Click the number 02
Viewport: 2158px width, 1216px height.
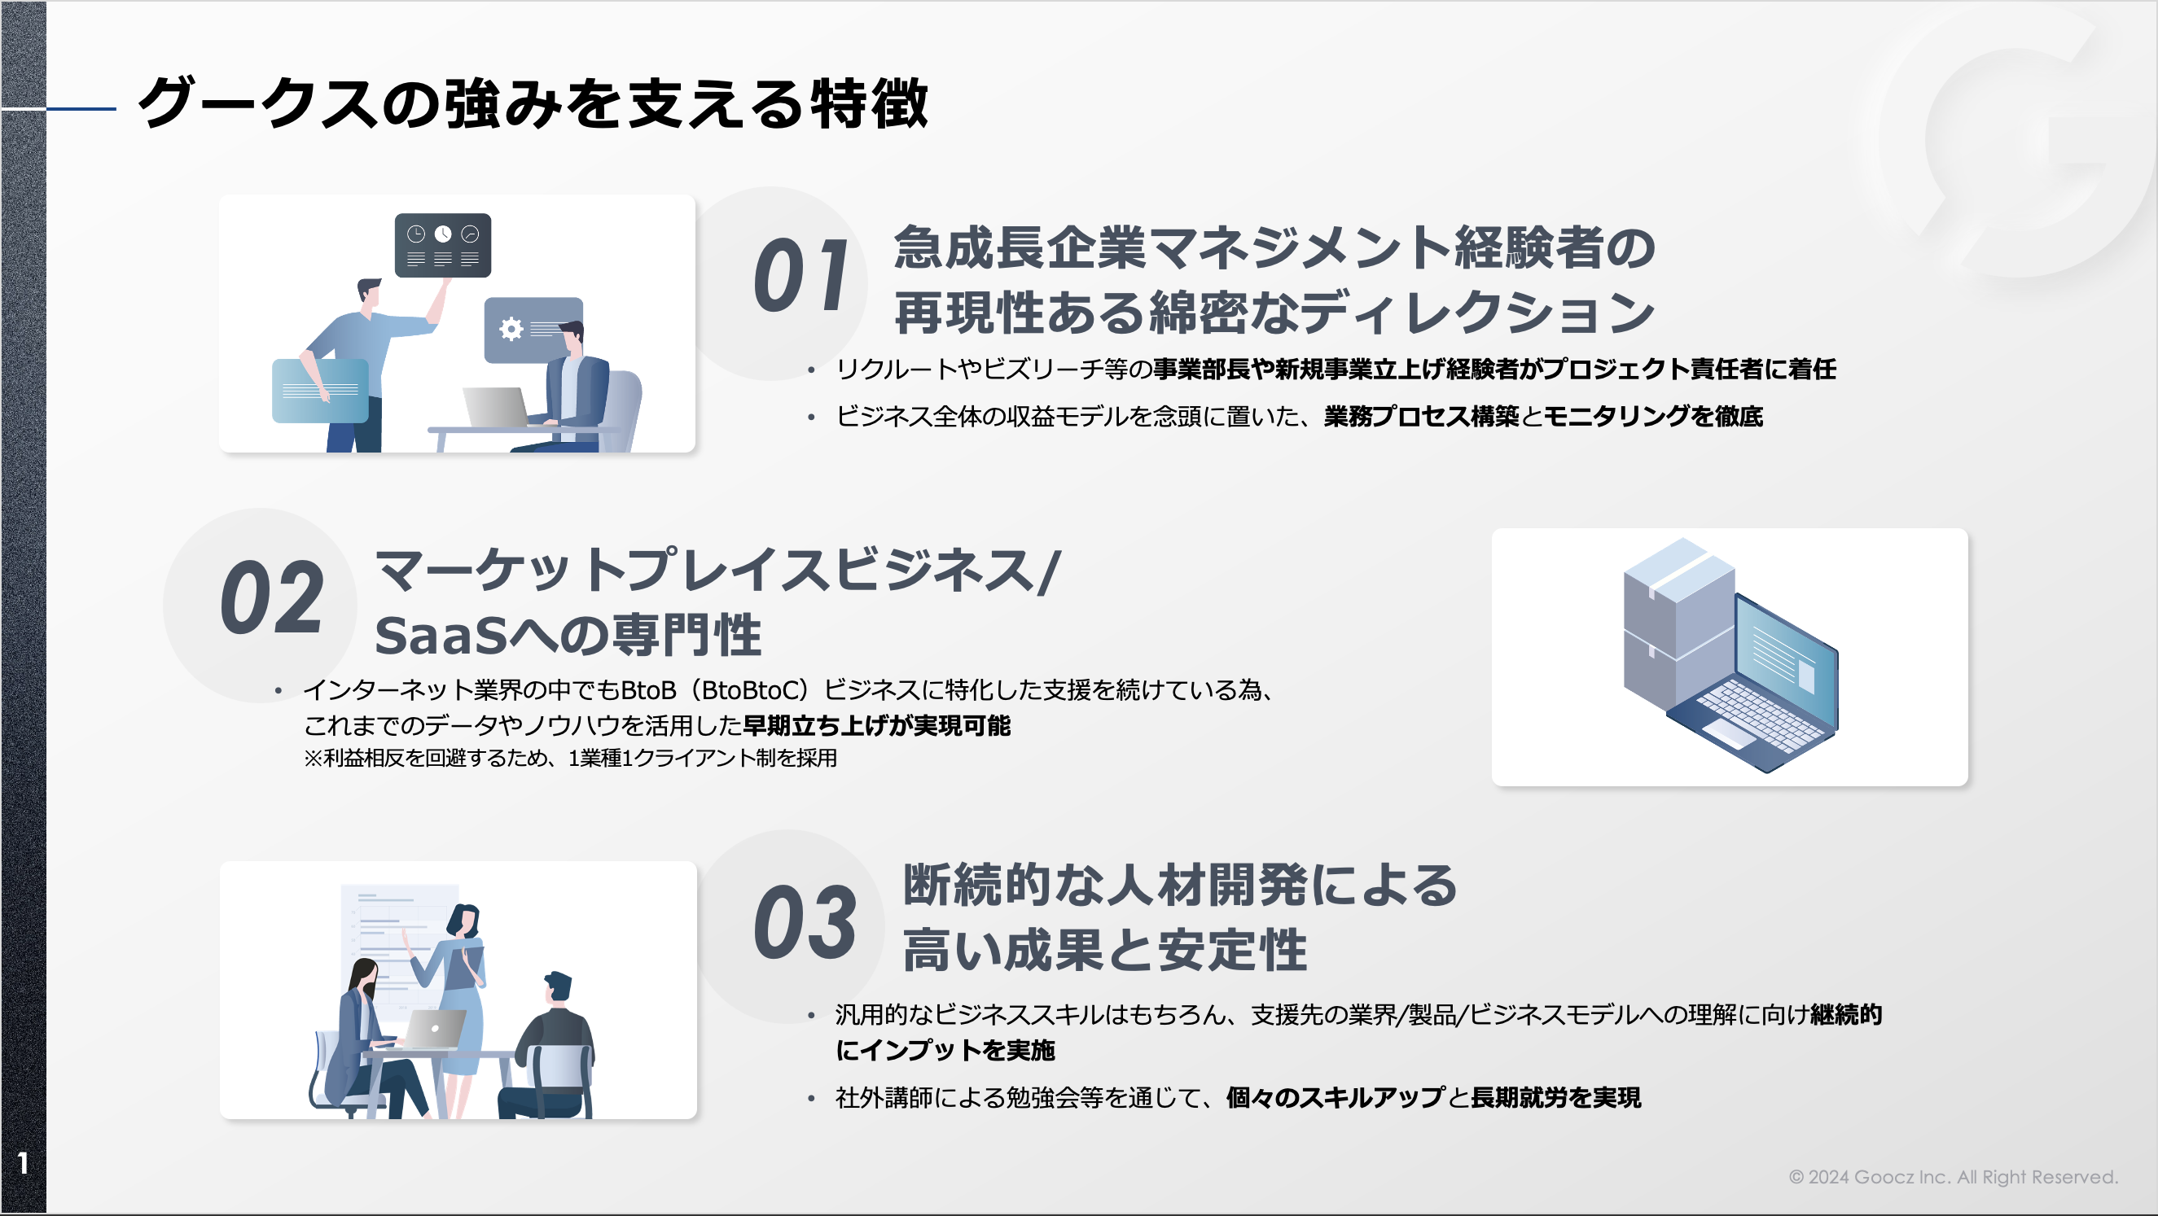pyautogui.click(x=272, y=598)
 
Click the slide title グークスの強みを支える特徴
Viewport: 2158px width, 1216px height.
pyautogui.click(x=533, y=104)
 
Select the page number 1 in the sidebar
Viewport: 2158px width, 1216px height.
pyautogui.click(x=23, y=1162)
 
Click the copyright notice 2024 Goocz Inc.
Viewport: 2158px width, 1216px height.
pyautogui.click(x=1953, y=1177)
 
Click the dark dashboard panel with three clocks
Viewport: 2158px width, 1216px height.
pyautogui.click(x=442, y=245)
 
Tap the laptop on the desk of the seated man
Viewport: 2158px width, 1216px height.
pyautogui.click(x=496, y=408)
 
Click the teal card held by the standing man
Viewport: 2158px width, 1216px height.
pyautogui.click(x=320, y=390)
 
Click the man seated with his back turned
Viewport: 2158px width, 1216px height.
pyautogui.click(x=555, y=1047)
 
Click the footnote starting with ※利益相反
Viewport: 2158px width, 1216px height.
pyautogui.click(x=570, y=758)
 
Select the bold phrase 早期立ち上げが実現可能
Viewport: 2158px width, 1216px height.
pyautogui.click(x=876, y=725)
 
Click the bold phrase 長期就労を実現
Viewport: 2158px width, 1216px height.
pyautogui.click(x=1555, y=1097)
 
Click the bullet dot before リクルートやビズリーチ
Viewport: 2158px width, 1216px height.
pyautogui.click(x=811, y=370)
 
